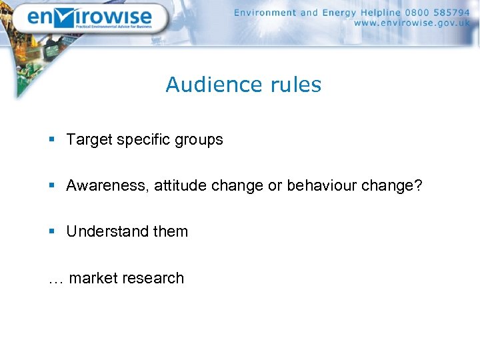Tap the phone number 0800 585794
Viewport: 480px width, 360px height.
[x=437, y=12]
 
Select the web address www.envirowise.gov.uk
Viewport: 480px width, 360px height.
[x=412, y=23]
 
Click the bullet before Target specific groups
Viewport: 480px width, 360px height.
[x=52, y=140]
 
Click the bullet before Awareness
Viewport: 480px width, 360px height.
[x=52, y=186]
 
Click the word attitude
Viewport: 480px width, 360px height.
[x=181, y=186]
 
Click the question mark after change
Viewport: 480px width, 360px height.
[x=418, y=186]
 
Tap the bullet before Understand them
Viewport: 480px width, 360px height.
[x=52, y=232]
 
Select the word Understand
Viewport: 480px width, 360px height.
[x=107, y=232]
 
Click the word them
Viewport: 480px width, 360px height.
[x=171, y=232]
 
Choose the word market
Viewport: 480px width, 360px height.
[x=91, y=278]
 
